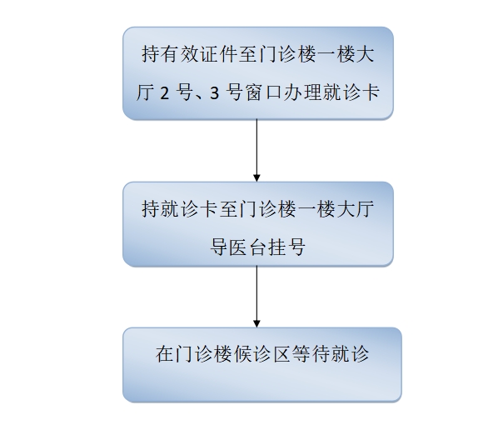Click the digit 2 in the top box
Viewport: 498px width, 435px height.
point(165,93)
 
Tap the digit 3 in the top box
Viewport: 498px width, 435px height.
point(215,93)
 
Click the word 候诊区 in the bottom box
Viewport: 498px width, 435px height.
point(262,354)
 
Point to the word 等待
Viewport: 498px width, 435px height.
point(311,354)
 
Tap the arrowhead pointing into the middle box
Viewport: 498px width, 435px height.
point(257,178)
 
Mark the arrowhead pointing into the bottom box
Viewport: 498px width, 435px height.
point(257,323)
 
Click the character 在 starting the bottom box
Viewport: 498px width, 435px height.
point(165,354)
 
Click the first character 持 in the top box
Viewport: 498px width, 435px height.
point(151,54)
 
